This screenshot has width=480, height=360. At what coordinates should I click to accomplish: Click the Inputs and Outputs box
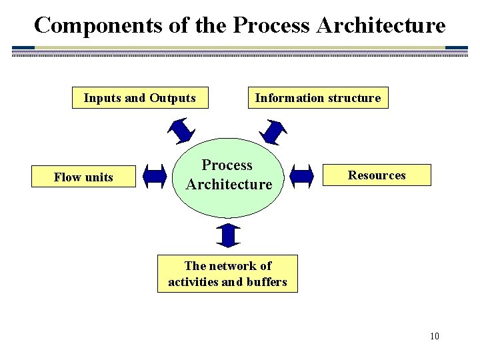(139, 98)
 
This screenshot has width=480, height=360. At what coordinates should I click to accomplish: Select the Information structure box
(317, 98)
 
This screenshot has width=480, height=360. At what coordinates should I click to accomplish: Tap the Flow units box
(83, 177)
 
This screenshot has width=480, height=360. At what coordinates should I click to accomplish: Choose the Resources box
(377, 175)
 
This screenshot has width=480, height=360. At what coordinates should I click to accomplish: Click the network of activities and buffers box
(227, 273)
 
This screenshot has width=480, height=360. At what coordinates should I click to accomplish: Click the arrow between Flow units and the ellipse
(155, 177)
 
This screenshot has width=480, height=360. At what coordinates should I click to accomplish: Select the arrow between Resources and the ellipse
(302, 176)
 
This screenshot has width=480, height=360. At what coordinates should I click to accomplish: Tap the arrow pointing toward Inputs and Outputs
(180, 129)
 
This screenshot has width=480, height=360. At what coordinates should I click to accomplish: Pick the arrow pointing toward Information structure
(273, 131)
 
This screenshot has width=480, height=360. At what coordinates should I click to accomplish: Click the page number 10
(434, 335)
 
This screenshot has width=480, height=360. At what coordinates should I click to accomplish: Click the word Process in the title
(272, 25)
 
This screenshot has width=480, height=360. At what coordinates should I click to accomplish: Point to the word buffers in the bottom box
(265, 281)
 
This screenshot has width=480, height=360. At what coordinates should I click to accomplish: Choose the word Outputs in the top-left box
(173, 98)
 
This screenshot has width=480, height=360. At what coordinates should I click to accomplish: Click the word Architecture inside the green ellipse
(229, 184)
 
